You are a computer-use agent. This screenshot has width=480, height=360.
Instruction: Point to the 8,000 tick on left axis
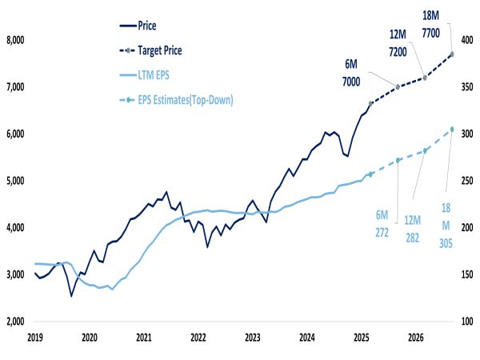coord(16,40)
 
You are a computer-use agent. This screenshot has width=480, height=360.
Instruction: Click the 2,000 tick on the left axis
coord(16,322)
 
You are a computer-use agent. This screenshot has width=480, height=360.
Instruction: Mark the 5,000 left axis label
coord(16,181)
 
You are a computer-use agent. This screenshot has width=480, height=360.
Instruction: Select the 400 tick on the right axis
coord(465,40)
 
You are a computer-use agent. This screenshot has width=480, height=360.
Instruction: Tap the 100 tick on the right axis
coord(465,322)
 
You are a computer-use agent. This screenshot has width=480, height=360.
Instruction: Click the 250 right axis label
coord(465,181)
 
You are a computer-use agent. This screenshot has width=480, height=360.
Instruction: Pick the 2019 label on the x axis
coord(34,338)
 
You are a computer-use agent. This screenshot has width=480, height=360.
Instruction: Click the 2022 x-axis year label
coord(198,338)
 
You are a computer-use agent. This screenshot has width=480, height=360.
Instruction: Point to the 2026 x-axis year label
coord(415,338)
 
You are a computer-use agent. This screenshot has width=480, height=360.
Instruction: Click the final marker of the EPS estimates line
coord(452,130)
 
